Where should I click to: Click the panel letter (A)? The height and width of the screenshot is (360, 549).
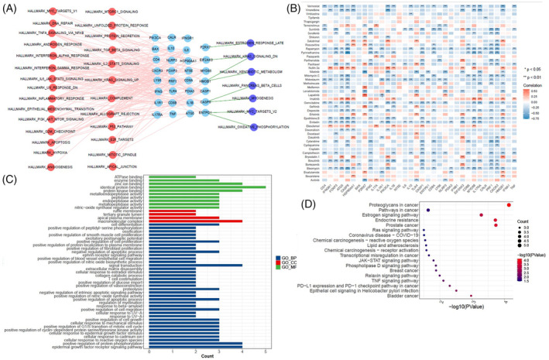coord(10,7)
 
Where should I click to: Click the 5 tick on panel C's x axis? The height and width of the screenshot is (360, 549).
coord(266,350)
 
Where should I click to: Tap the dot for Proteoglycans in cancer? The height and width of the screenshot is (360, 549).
coord(530,205)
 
